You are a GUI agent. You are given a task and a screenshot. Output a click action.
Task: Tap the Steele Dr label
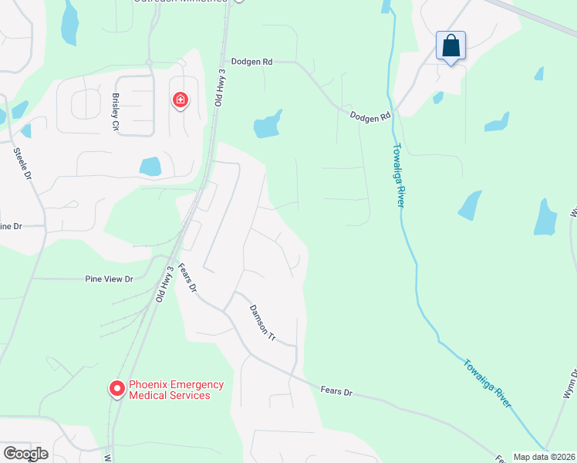(x=22, y=164)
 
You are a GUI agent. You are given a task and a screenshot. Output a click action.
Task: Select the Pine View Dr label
(x=109, y=278)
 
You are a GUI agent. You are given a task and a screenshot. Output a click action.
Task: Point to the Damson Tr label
(x=262, y=323)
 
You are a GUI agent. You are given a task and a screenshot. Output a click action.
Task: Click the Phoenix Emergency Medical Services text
(x=176, y=390)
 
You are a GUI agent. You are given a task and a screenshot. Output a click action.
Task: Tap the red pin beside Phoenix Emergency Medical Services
(x=116, y=388)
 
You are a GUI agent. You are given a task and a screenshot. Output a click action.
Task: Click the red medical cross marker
(x=181, y=100)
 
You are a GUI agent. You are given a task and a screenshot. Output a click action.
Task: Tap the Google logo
(x=25, y=453)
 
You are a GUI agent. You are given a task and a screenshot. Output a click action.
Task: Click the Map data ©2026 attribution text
(x=544, y=457)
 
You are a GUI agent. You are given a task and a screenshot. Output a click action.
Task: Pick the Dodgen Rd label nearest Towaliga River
(x=370, y=117)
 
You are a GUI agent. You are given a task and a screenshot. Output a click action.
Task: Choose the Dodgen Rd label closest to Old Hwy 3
(x=251, y=61)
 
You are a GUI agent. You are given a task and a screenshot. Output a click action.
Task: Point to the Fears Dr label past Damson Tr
(x=336, y=392)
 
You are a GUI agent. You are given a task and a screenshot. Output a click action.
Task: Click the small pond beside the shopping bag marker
(x=438, y=98)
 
